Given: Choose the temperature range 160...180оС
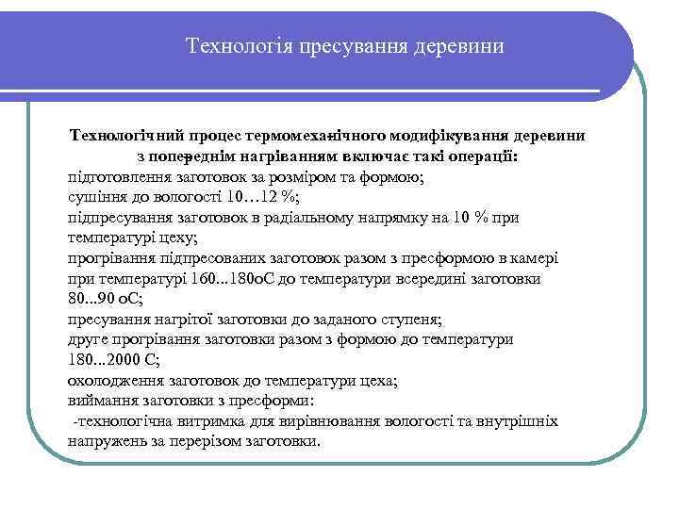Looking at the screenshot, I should pyautogui.click(x=235, y=279).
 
